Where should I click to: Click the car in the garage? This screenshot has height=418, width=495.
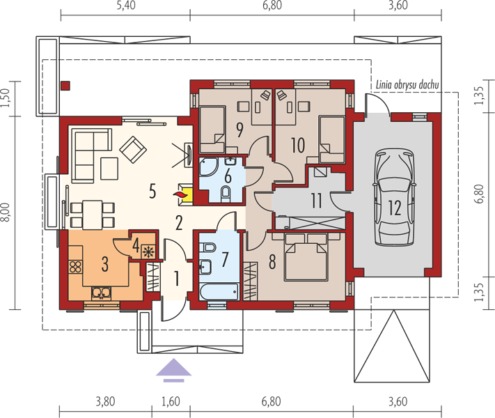(x=394, y=197)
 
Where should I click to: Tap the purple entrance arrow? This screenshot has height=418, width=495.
(x=173, y=371)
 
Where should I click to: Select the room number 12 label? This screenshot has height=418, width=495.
(x=395, y=208)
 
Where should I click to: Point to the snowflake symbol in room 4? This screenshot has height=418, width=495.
(x=148, y=251)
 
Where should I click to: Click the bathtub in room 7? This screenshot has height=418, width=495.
(x=219, y=292)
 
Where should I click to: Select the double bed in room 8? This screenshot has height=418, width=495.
(x=306, y=257)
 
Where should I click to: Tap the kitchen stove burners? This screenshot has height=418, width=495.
(x=75, y=266)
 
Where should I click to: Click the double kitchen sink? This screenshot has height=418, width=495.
(x=101, y=293)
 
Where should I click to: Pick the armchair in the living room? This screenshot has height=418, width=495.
(x=133, y=150)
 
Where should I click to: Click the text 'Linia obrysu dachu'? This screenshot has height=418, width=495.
(x=407, y=85)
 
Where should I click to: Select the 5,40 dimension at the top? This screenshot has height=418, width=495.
(x=126, y=6)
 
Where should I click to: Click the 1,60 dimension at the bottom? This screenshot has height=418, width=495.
(x=171, y=401)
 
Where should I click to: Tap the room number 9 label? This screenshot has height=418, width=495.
(x=239, y=130)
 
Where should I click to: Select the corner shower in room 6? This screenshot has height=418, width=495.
(x=208, y=167)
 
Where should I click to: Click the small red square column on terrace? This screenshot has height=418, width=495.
(x=65, y=86)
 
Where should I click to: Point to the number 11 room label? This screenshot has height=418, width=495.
(x=316, y=201)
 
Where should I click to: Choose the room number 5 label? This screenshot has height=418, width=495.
(x=152, y=191)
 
